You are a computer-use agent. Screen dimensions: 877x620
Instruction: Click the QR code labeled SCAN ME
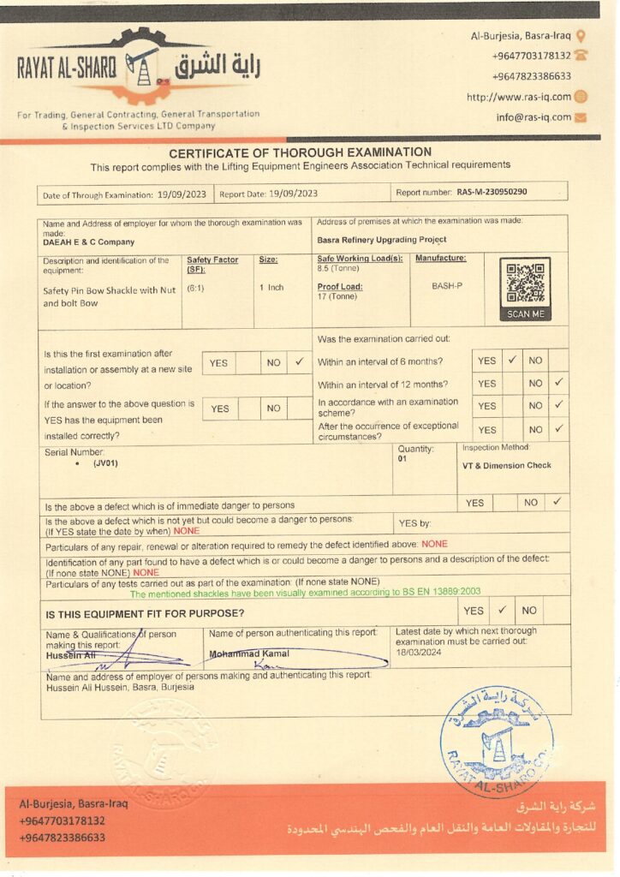click(525, 284)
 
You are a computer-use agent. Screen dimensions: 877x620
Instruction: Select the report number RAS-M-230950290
click(492, 193)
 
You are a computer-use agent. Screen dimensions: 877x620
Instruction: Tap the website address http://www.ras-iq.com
click(519, 97)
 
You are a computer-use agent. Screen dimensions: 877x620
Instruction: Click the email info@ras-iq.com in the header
click(533, 117)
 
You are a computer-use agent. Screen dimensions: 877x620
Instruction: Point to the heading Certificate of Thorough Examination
click(300, 152)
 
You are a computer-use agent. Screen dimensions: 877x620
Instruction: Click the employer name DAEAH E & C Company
click(88, 242)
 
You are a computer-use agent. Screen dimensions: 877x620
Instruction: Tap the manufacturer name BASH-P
click(447, 285)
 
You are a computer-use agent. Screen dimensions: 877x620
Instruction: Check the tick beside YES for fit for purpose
click(503, 610)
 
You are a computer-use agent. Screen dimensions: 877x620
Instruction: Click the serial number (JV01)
click(105, 462)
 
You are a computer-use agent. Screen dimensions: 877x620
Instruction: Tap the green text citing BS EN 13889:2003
click(305, 592)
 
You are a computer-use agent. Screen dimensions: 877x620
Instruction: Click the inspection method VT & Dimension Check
click(507, 466)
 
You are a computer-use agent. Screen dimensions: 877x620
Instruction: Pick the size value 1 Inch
click(271, 287)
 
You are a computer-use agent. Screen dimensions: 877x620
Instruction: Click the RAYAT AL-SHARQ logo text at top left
click(66, 69)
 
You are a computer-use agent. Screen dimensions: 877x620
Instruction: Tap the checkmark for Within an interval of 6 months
click(511, 361)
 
